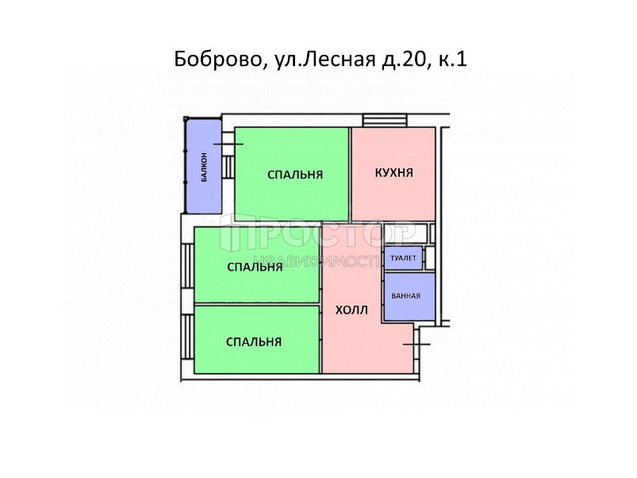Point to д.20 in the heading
click(x=405, y=60)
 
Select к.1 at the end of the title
click(x=452, y=60)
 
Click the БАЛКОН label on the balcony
click(x=205, y=167)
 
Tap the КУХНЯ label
click(x=393, y=173)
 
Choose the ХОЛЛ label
click(x=351, y=310)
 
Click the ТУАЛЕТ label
click(x=403, y=258)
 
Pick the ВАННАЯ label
click(x=405, y=296)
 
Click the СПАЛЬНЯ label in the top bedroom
click(x=295, y=175)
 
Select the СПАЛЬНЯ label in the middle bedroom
click(x=255, y=267)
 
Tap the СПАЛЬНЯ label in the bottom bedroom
click(x=254, y=342)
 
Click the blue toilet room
click(x=404, y=258)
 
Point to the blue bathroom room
click(x=409, y=296)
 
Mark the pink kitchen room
click(x=393, y=174)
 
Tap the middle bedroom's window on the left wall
click(x=187, y=265)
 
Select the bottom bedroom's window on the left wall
click(x=187, y=337)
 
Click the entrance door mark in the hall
click(x=416, y=345)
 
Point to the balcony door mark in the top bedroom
click(x=228, y=145)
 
